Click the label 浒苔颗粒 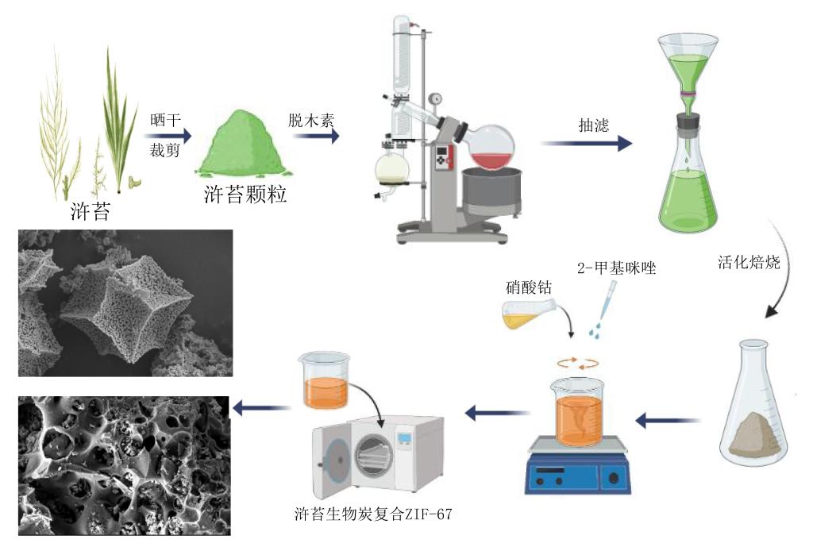245,195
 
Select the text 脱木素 311,121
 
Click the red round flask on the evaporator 492,148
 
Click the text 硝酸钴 528,285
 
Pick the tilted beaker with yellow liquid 527,316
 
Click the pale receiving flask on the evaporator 392,169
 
